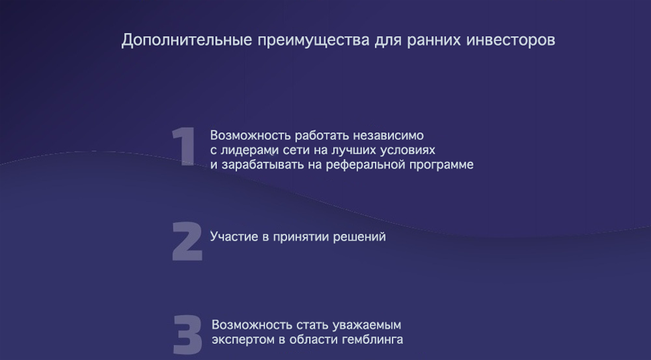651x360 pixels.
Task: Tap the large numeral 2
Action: pos(187,241)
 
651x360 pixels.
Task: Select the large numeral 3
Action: pos(187,334)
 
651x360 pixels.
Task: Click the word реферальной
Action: pos(366,165)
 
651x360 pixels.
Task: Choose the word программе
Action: pos(442,165)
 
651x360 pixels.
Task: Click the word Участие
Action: pos(231,236)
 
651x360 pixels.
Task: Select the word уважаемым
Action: pos(366,326)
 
